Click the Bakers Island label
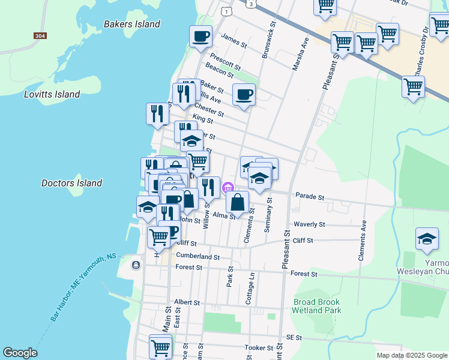pos(132,25)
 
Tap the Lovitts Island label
pos(52,94)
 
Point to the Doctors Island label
pos(71,183)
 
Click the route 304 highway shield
pos(40,36)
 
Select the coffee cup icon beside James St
pos(200,36)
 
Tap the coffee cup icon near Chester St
pos(244,94)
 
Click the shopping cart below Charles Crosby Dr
pos(414,86)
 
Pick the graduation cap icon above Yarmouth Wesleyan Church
pos(427,239)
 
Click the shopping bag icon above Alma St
pos(238,202)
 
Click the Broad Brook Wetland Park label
pos(316,306)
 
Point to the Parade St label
pos(310,197)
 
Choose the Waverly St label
pos(309,224)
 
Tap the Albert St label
pos(186,302)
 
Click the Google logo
pos(20,353)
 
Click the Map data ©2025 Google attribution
pos(411,355)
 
